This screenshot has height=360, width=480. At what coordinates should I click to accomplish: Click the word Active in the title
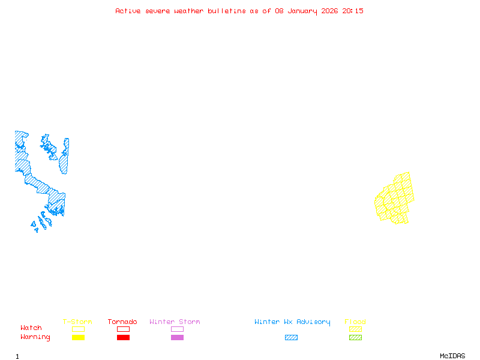[128, 11]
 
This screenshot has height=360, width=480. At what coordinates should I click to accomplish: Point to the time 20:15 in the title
[353, 11]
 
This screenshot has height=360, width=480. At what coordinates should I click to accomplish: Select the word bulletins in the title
[226, 11]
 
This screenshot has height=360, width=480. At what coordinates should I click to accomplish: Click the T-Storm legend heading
[77, 322]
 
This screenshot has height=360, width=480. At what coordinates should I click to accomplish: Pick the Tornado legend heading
[122, 322]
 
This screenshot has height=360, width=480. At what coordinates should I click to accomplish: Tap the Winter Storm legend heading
[175, 322]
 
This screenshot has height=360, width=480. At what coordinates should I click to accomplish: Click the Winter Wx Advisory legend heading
[292, 322]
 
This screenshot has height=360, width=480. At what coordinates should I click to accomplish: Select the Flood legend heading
[355, 322]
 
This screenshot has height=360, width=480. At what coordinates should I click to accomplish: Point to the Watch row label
[31, 328]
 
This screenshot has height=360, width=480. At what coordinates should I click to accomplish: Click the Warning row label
[35, 337]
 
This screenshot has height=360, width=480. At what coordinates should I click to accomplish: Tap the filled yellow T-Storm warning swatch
[78, 338]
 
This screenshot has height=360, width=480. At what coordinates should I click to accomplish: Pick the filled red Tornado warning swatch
[123, 338]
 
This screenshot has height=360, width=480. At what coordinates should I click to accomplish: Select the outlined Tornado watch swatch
[123, 329]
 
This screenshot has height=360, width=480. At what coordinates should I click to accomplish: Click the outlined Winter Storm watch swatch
[177, 329]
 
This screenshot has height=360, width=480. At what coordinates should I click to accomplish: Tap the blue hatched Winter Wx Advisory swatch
[291, 338]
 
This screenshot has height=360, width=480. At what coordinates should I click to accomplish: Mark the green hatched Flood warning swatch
[355, 338]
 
